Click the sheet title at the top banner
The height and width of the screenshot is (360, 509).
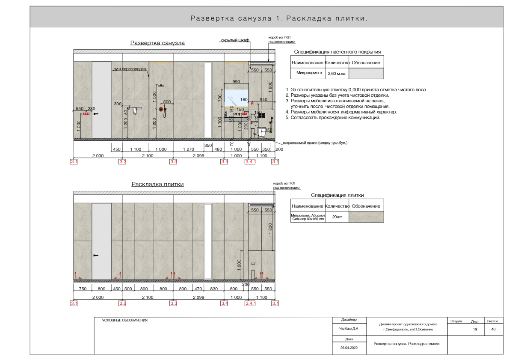[279, 19]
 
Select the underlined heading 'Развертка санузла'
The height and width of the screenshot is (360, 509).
[157, 43]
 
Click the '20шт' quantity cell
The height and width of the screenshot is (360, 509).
[337, 217]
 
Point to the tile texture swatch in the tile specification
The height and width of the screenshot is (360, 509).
[366, 217]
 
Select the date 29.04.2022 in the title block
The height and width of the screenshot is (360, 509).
[349, 348]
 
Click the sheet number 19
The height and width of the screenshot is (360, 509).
[475, 329]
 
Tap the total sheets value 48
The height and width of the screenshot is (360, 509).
[494, 329]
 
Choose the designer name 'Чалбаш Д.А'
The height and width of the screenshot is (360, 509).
[349, 329]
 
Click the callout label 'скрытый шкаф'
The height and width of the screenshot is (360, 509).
[235, 41]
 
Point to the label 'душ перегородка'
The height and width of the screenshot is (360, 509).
[130, 68]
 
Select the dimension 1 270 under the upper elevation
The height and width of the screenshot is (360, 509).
[189, 149]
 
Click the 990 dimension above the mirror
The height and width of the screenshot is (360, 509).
[236, 82]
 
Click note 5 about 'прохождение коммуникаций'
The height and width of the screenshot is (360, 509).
[333, 118]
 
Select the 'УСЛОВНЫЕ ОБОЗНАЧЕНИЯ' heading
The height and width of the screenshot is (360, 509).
[124, 320]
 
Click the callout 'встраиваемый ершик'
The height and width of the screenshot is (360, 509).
[315, 143]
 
